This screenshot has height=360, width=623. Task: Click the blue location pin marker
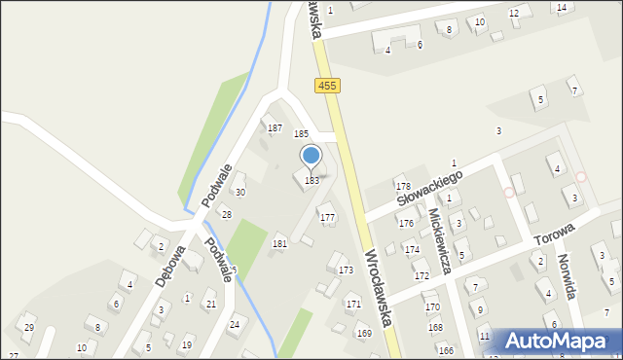click(311, 158)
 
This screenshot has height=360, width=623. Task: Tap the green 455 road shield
click(327, 86)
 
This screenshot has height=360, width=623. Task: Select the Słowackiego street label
click(427, 185)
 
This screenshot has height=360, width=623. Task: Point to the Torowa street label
click(553, 234)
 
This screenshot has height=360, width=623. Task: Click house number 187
click(275, 128)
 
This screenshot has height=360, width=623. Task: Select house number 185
click(302, 133)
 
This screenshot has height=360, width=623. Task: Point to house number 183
click(311, 180)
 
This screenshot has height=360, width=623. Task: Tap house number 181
click(279, 243)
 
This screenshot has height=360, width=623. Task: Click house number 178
click(402, 186)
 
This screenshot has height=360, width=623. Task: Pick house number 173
click(346, 270)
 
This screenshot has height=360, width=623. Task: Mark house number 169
click(363, 334)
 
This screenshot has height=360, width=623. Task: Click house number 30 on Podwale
click(239, 193)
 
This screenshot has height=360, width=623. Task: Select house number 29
click(29, 327)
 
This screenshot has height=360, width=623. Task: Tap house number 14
click(562, 8)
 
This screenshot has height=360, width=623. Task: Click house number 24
click(234, 324)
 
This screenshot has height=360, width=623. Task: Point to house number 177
click(328, 217)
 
